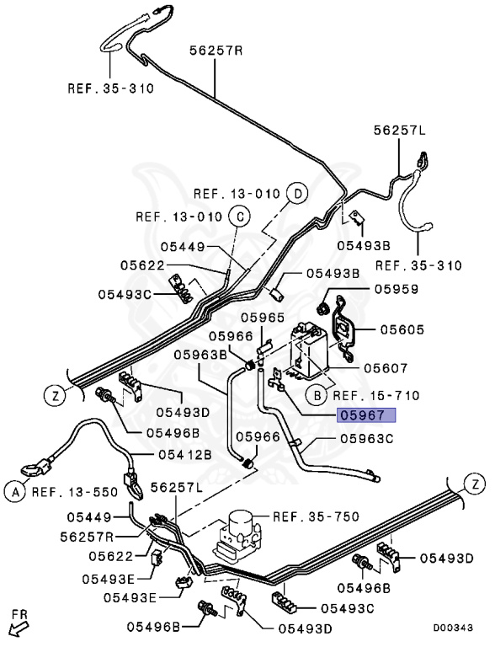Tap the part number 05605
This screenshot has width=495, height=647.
[402, 330]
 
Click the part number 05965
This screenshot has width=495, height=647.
[263, 317]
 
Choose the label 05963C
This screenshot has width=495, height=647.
[367, 438]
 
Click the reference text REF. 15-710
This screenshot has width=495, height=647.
[375, 394]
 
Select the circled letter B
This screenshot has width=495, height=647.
[316, 394]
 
